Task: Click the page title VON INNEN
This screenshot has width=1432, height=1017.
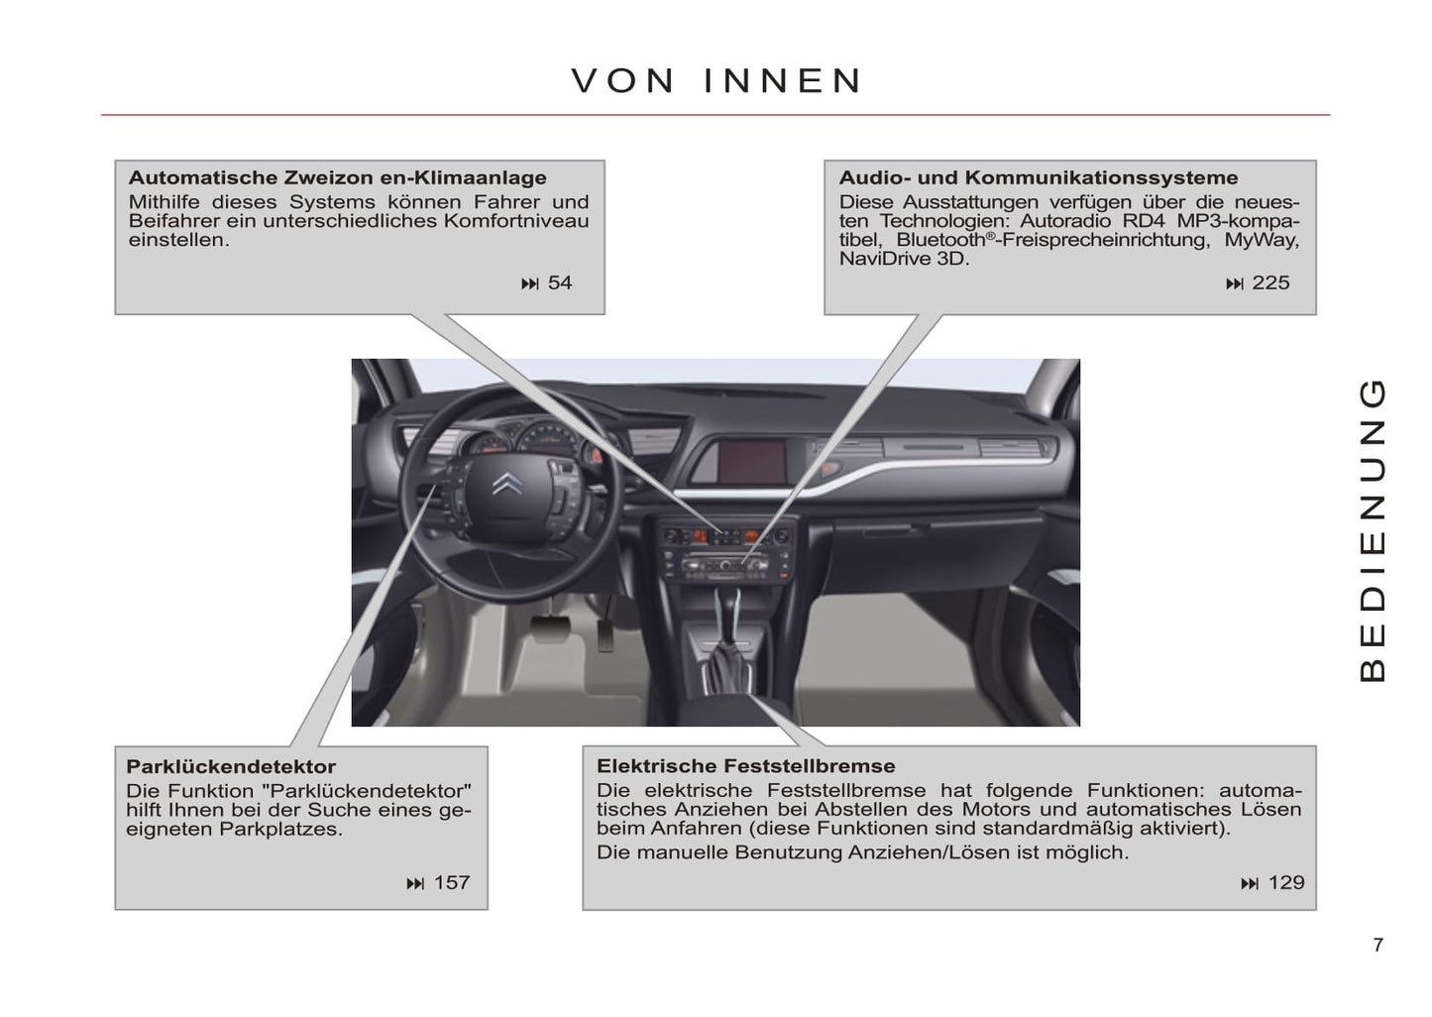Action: [716, 81]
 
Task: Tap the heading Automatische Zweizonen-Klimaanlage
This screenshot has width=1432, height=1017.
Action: [338, 177]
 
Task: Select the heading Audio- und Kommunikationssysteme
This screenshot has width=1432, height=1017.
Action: [1039, 177]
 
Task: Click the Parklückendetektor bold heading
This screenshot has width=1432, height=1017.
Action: [231, 766]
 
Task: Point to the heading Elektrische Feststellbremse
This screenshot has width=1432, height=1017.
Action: [746, 765]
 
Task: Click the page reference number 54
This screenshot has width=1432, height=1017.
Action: [559, 282]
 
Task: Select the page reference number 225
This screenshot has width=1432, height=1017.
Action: [1270, 282]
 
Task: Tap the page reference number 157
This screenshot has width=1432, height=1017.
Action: [452, 882]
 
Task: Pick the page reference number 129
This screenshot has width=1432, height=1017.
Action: [1286, 882]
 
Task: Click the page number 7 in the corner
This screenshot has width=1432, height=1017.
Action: [1378, 945]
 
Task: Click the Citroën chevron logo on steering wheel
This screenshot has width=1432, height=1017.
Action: [507, 484]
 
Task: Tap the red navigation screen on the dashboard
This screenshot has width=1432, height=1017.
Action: [752, 461]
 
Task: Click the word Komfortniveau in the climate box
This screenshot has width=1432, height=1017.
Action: [516, 221]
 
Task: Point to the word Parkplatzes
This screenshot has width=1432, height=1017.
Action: [280, 829]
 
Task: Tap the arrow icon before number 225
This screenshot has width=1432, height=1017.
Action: [1235, 284]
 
